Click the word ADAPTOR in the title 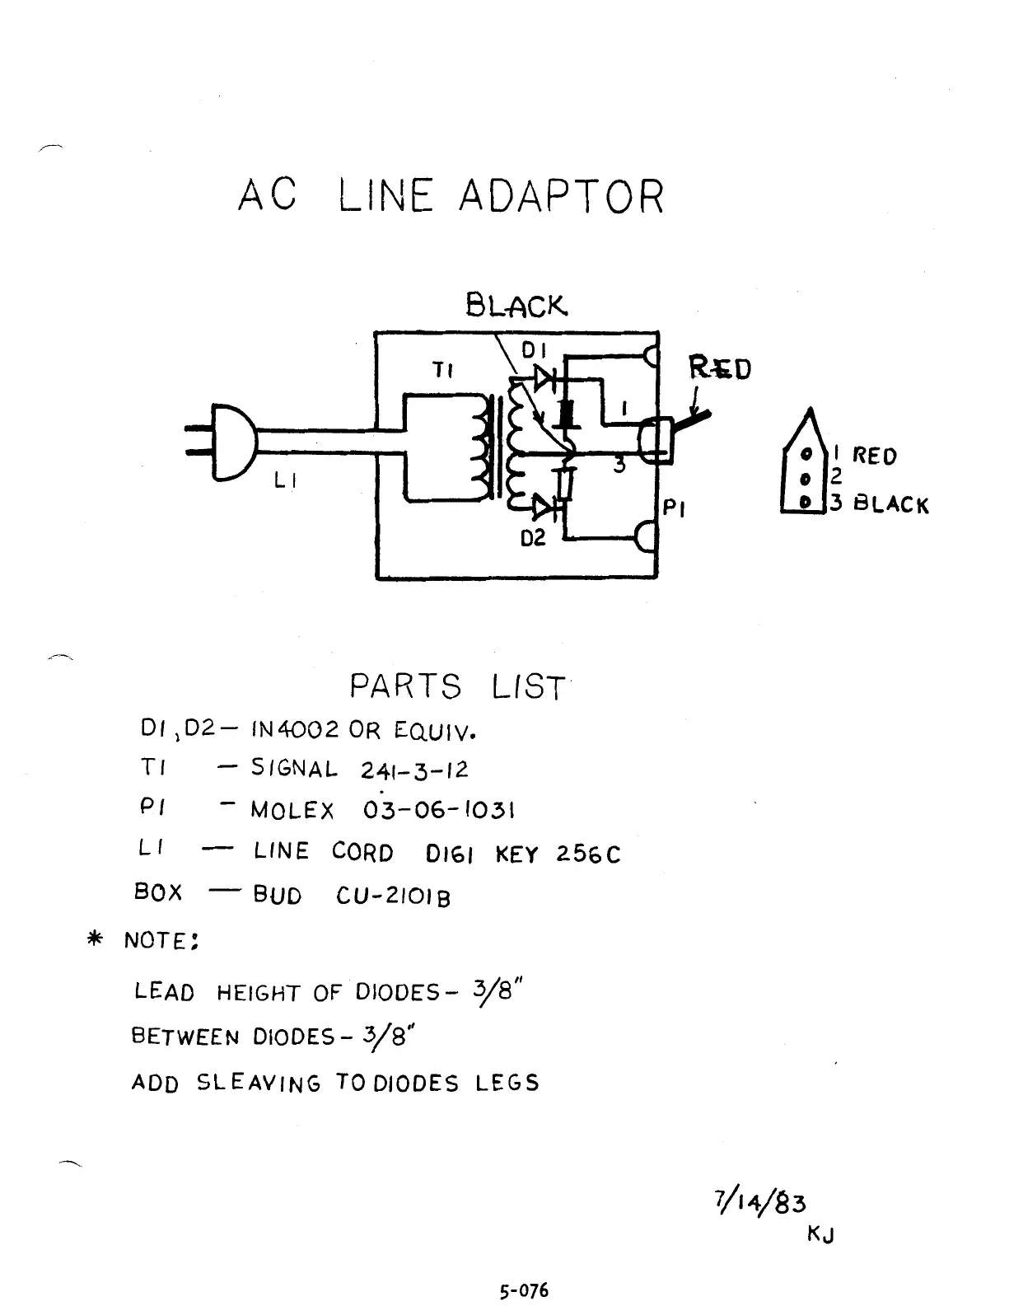click(x=560, y=197)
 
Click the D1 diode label click(x=535, y=351)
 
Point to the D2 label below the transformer click(x=534, y=539)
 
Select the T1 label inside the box click(x=443, y=371)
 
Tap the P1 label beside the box click(x=675, y=508)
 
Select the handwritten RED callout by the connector click(x=720, y=368)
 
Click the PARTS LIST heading click(x=457, y=686)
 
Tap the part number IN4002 click(x=295, y=730)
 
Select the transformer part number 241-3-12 click(x=414, y=770)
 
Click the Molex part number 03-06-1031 click(x=439, y=810)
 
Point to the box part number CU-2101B click(x=393, y=896)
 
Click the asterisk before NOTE click(x=96, y=939)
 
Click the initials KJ click(x=820, y=1234)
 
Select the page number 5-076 click(x=523, y=1290)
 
